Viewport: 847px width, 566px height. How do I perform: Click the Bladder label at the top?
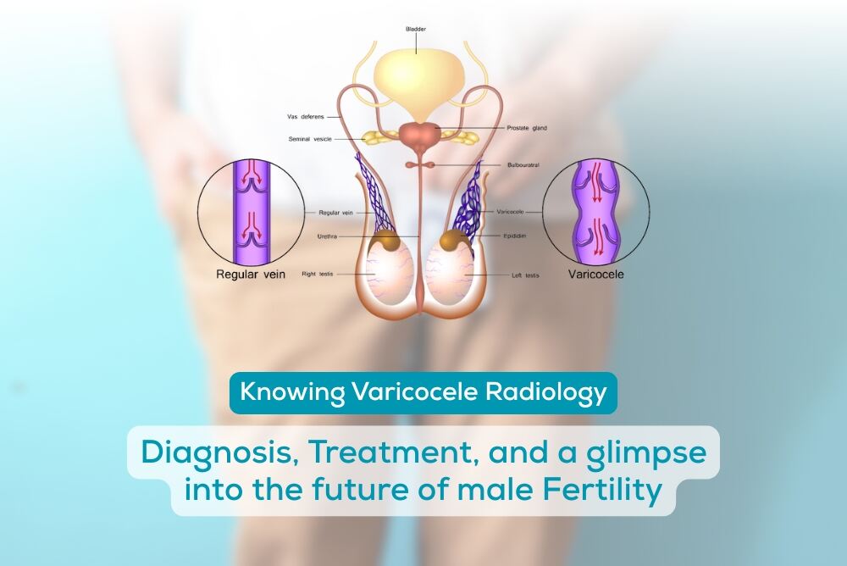(x=416, y=29)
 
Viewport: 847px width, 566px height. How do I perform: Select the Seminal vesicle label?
(x=312, y=139)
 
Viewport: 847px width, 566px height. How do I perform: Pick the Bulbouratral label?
(x=523, y=165)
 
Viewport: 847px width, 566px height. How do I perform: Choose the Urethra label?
(x=329, y=236)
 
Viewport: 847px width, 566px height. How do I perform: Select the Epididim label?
(x=519, y=237)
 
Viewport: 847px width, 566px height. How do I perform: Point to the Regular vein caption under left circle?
(x=252, y=275)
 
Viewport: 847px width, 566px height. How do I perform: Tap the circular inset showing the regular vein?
(x=252, y=208)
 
